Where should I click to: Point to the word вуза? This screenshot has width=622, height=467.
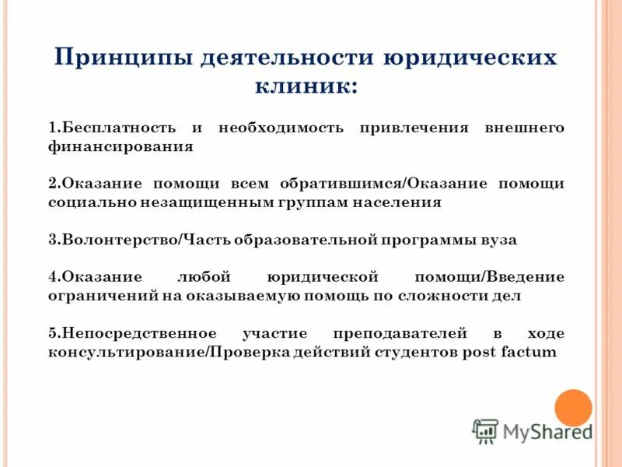[x=498, y=241]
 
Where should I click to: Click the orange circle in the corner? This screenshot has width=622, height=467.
[x=573, y=406]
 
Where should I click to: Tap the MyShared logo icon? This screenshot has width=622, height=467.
[x=485, y=430]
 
